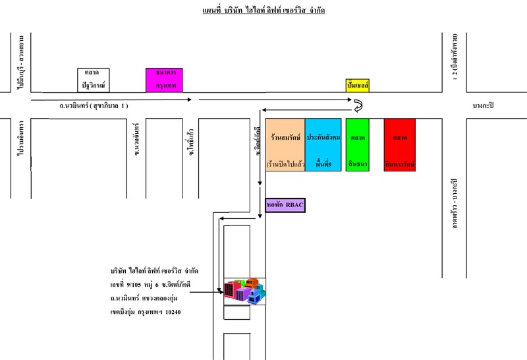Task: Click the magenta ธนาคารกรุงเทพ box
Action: pos(165,80)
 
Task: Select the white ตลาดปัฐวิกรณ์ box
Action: pos(93,80)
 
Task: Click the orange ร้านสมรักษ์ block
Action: pos(285,145)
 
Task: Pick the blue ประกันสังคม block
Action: pos(323,145)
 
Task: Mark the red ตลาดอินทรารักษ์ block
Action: pos(400,145)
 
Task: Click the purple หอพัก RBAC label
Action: pos(285,206)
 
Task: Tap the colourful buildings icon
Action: pos(244,291)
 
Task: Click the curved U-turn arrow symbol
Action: pos(358,105)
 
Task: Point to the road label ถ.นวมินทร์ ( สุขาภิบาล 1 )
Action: pos(94,105)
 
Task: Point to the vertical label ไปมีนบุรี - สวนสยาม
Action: pos(21,62)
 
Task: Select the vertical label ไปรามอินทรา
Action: pos(21,140)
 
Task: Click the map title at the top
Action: pos(263,11)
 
